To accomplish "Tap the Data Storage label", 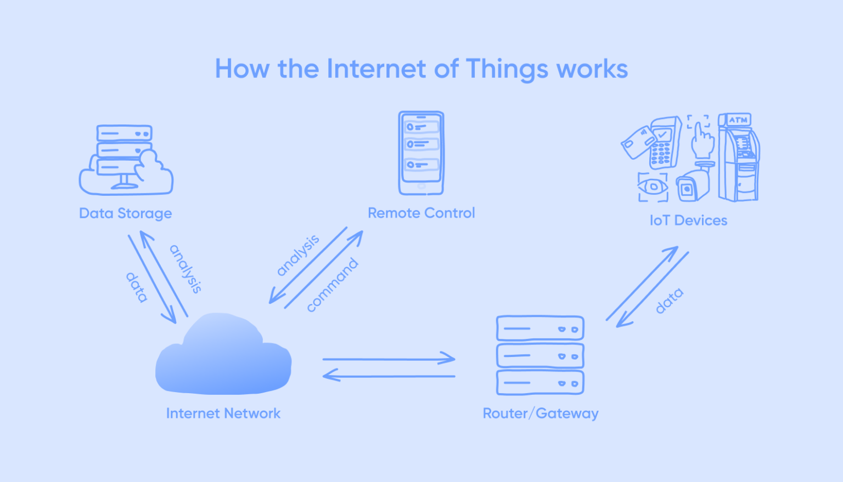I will pyautogui.click(x=125, y=213).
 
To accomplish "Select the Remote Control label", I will pyautogui.click(x=421, y=213).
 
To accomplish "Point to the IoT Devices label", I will pyautogui.click(x=688, y=220).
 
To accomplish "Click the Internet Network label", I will pyautogui.click(x=223, y=413).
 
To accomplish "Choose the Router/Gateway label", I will pyautogui.click(x=540, y=413).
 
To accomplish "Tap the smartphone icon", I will pyautogui.click(x=421, y=153).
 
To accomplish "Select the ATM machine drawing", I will pyautogui.click(x=739, y=157).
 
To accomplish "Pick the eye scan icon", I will pyautogui.click(x=653, y=187).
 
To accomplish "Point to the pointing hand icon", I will pyautogui.click(x=701, y=140).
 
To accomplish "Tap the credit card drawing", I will pyautogui.click(x=637, y=141).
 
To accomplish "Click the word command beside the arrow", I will pyautogui.click(x=332, y=285).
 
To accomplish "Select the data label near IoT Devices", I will pyautogui.click(x=669, y=300).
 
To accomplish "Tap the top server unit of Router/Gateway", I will pyautogui.click(x=540, y=328).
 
